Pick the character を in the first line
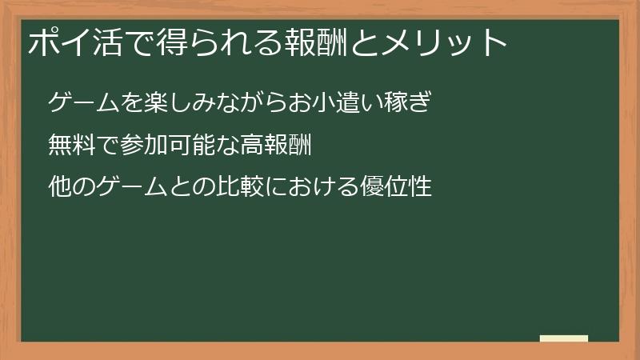[x=133, y=103]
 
